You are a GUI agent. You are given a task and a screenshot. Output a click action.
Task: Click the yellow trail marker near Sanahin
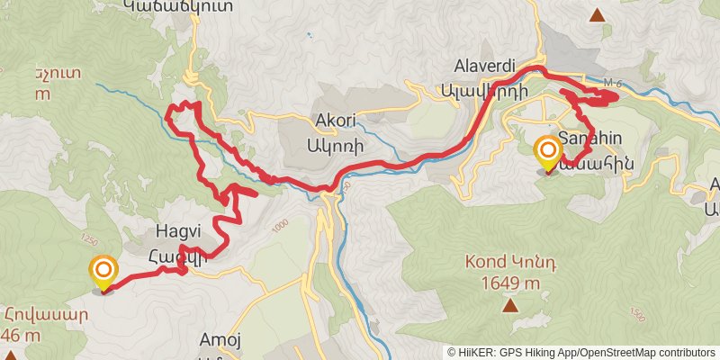click(547, 152)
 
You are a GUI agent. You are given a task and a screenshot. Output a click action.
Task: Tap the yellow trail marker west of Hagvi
click(104, 273)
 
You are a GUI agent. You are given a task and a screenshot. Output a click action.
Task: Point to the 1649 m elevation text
click(509, 283)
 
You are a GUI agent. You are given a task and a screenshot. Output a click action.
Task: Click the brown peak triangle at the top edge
click(597, 14)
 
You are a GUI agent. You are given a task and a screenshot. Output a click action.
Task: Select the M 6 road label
click(612, 84)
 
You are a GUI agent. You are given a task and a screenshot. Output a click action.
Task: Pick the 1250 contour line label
click(88, 241)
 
